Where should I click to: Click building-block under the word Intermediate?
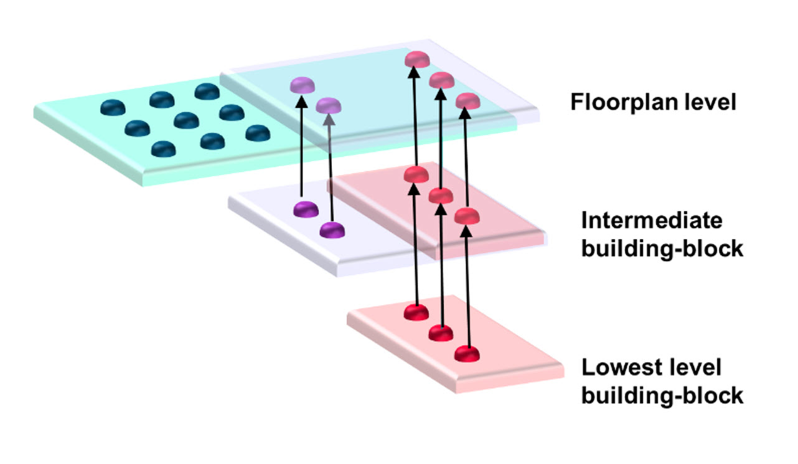click(x=662, y=249)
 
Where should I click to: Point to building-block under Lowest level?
click(x=662, y=395)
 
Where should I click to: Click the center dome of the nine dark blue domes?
click(x=186, y=120)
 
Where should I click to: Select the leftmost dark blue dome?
click(x=113, y=107)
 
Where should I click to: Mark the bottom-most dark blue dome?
click(x=163, y=149)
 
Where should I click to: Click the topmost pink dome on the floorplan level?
click(x=416, y=59)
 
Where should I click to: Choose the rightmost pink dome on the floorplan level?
click(x=467, y=101)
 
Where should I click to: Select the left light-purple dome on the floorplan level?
click(x=301, y=85)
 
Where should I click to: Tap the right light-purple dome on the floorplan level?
click(x=328, y=105)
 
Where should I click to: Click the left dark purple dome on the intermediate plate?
click(x=305, y=209)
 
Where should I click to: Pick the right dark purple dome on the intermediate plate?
click(x=332, y=230)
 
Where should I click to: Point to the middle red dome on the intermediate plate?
click(x=441, y=196)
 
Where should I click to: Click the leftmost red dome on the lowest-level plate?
click(x=416, y=311)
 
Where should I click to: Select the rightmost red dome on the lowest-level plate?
click(x=467, y=354)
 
